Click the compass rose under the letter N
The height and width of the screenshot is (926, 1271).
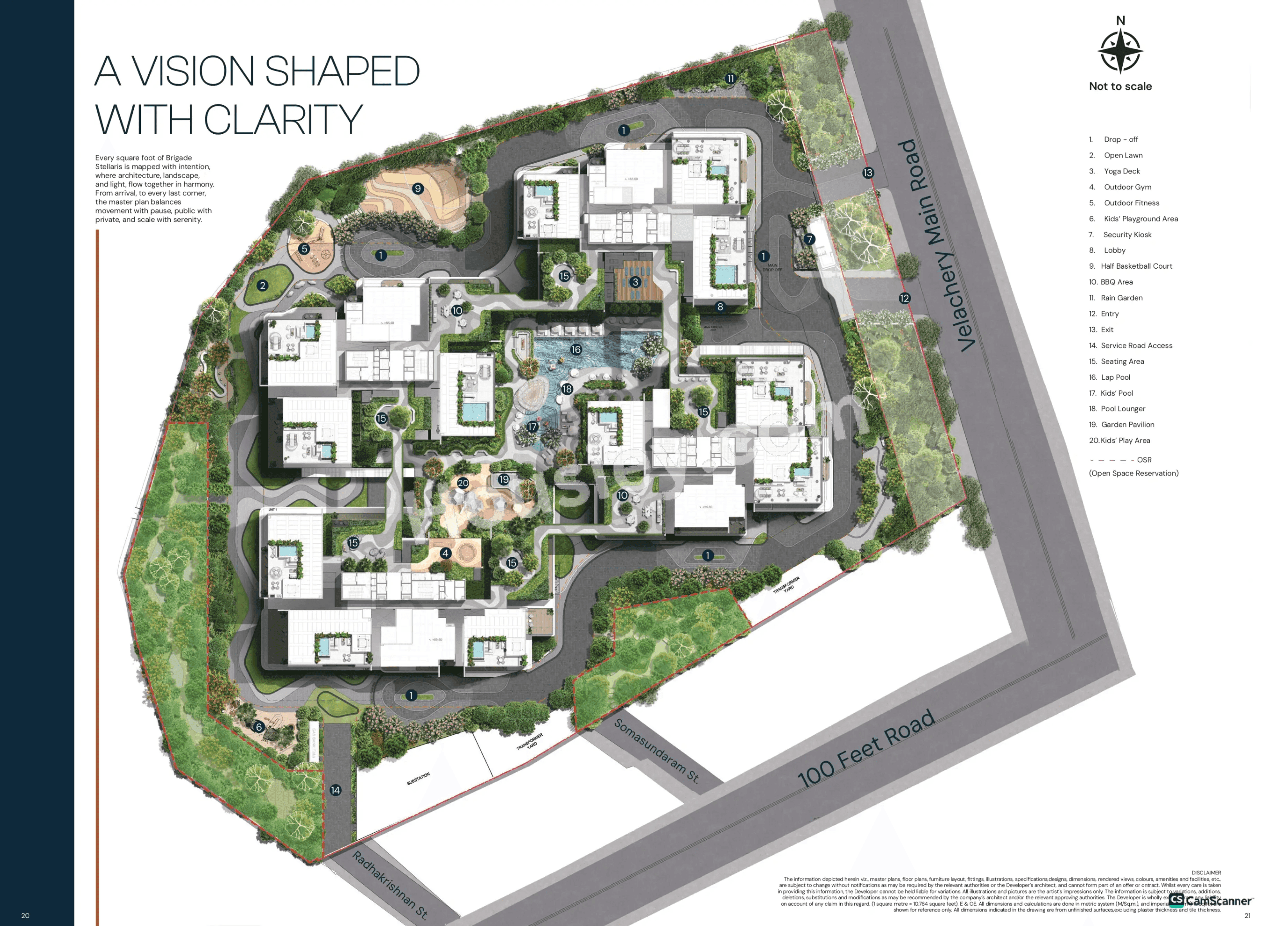coord(1120,50)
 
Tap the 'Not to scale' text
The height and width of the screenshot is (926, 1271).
coord(1120,86)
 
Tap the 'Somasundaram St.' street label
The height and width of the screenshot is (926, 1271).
coord(656,751)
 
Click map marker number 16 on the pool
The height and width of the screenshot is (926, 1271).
coord(576,350)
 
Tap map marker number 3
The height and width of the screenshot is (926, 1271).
coord(635,282)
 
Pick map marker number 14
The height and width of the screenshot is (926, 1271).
coord(335,790)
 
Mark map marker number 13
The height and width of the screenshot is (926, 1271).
coord(868,172)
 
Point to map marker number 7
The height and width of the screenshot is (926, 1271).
coord(809,239)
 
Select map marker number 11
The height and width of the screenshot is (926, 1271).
coord(730,79)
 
